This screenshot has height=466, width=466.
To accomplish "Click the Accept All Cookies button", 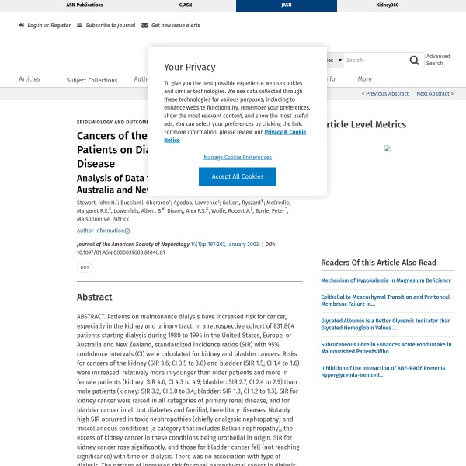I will click(x=238, y=176).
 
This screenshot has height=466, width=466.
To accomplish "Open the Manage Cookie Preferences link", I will click(x=238, y=157).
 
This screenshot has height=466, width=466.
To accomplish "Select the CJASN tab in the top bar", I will click(x=186, y=5).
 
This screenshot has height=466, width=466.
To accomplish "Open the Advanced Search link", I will click(x=438, y=60).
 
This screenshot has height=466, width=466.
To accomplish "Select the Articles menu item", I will click(x=30, y=79).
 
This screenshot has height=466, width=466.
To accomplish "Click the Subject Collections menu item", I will click(x=92, y=80).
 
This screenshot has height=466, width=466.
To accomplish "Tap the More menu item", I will click(x=364, y=79).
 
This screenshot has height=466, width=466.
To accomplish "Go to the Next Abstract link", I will click(x=434, y=94).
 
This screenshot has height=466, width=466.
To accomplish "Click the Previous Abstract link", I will click(x=385, y=94).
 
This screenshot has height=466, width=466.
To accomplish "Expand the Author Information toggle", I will click(x=103, y=231).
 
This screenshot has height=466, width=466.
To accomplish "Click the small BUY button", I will click(x=84, y=267).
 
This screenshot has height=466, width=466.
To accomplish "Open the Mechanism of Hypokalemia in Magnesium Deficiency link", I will click(x=385, y=280).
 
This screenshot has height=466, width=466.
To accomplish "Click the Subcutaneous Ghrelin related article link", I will click(x=385, y=347).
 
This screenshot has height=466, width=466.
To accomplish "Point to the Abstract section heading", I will click(x=94, y=297).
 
